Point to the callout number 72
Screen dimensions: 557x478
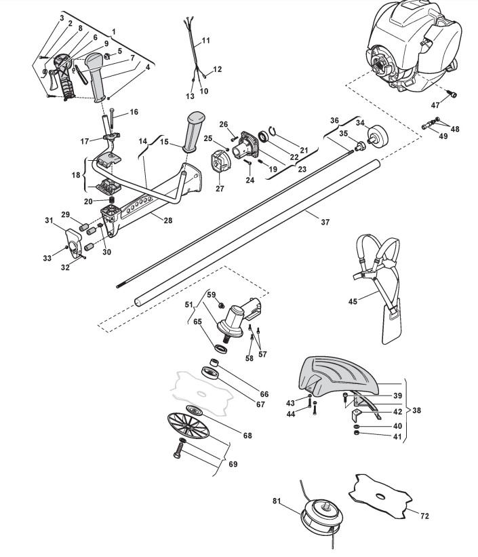(x=424, y=516)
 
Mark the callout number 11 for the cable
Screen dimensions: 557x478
(x=205, y=41)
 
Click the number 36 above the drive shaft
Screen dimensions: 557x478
(x=334, y=120)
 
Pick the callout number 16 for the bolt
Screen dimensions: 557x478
(x=133, y=111)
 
